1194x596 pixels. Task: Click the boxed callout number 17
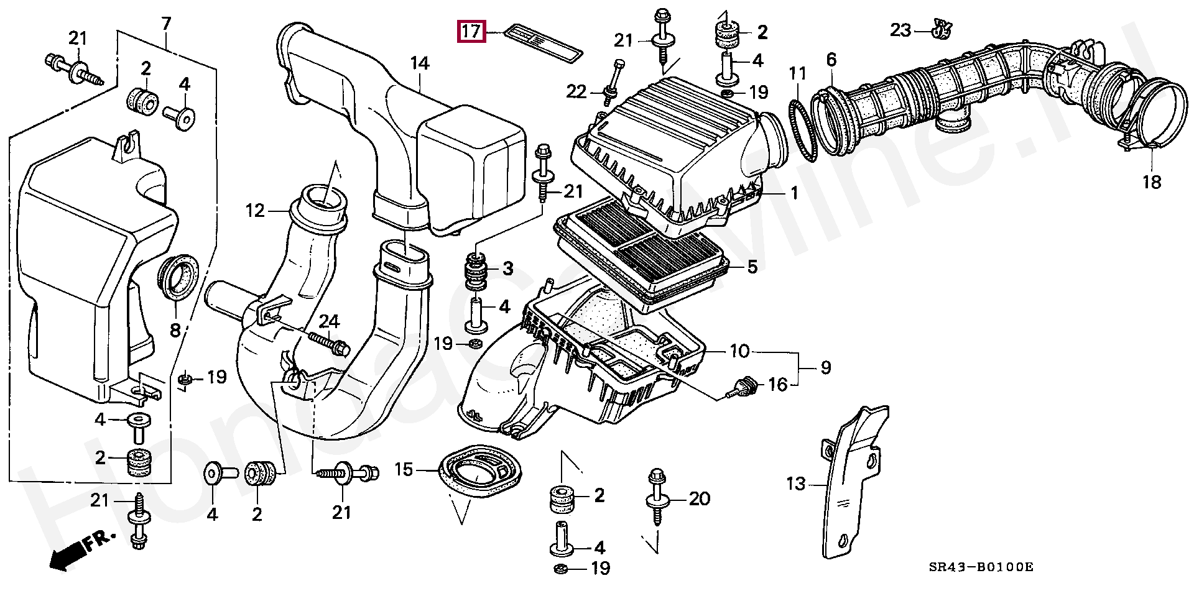click(x=471, y=31)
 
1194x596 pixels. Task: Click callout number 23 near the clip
click(x=900, y=29)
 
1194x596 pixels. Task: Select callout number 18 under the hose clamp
click(x=1152, y=182)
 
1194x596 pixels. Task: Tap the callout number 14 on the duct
click(x=420, y=63)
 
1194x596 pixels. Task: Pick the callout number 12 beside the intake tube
click(x=255, y=211)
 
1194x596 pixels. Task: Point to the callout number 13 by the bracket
click(x=796, y=483)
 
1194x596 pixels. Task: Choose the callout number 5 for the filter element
click(x=752, y=267)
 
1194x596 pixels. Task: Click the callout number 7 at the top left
click(x=166, y=24)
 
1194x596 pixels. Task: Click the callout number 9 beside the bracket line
click(x=825, y=367)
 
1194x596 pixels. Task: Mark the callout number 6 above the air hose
click(x=831, y=60)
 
